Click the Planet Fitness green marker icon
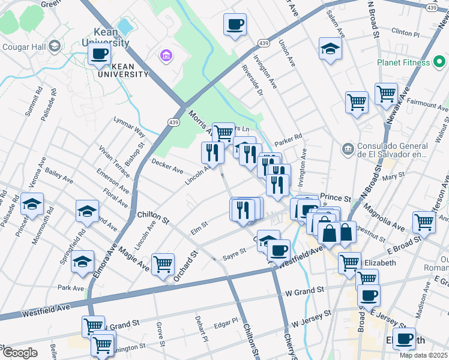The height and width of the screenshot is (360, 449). pos(439,62)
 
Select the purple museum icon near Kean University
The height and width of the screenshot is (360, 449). pos(165,56)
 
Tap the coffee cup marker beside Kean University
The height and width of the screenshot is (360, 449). pos(99,55)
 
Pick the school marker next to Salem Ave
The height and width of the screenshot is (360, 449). pos(330,49)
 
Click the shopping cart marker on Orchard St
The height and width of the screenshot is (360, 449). pos(163,263)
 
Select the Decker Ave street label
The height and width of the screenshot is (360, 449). pos(167,166)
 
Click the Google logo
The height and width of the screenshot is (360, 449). pos(20,353)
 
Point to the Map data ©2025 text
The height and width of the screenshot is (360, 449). pos(423,355)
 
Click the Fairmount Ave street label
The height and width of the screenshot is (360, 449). pos(427,105)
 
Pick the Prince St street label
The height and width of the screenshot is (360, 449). pos(335,197)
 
